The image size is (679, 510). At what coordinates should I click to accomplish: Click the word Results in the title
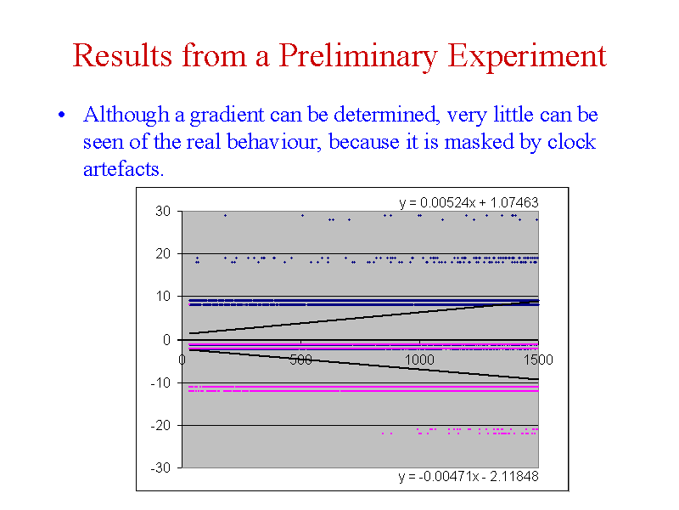click(x=122, y=55)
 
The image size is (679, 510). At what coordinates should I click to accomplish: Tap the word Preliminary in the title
click(x=357, y=56)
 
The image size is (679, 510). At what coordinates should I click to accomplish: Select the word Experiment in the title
click(x=526, y=56)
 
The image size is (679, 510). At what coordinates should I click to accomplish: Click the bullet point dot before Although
click(x=61, y=115)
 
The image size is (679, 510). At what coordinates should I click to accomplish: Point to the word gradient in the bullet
click(x=227, y=116)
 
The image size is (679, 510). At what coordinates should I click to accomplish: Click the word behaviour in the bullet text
click(x=274, y=142)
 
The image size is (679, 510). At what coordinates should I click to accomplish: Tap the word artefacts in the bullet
click(x=123, y=169)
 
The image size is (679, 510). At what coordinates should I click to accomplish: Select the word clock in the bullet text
click(x=571, y=142)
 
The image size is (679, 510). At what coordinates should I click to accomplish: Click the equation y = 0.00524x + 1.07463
click(x=469, y=202)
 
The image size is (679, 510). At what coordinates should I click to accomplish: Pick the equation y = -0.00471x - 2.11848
click(x=469, y=476)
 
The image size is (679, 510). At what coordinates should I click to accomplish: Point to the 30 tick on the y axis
click(x=163, y=211)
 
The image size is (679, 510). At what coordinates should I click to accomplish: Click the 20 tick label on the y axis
click(x=163, y=253)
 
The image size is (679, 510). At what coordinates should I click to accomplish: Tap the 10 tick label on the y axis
click(x=163, y=297)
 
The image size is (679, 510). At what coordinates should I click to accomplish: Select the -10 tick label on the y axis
click(x=160, y=382)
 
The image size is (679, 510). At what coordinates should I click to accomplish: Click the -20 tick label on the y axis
click(x=160, y=426)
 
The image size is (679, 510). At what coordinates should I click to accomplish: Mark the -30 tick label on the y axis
click(x=160, y=468)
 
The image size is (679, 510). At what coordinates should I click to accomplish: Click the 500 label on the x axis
click(x=301, y=360)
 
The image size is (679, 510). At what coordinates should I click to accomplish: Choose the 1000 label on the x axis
click(x=419, y=360)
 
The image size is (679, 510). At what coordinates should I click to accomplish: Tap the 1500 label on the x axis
click(x=538, y=360)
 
